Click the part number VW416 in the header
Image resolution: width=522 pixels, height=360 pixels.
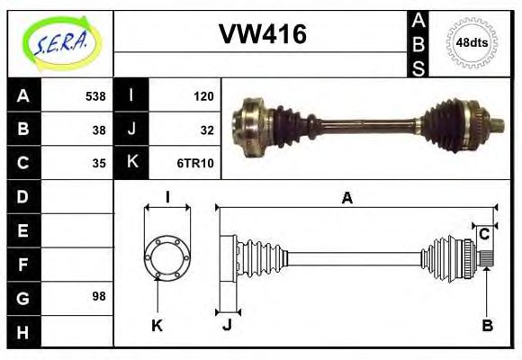click(x=263, y=35)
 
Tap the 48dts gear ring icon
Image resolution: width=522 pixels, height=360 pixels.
click(x=472, y=42)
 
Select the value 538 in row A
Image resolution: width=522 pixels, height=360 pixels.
click(x=95, y=95)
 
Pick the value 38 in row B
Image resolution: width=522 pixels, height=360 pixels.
click(x=99, y=129)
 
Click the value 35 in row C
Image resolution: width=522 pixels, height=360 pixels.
click(x=99, y=163)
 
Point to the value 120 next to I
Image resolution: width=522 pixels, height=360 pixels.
click(x=202, y=95)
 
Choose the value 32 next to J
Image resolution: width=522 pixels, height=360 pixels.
click(x=206, y=129)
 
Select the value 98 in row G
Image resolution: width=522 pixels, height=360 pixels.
click(x=99, y=296)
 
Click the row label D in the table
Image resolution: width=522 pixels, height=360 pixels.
click(x=22, y=196)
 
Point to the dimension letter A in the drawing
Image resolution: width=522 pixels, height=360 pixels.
click(x=346, y=198)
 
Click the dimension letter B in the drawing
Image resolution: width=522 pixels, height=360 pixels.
click(x=487, y=325)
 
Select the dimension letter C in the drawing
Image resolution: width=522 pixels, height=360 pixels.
click(x=484, y=235)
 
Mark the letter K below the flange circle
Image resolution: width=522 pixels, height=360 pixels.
click(x=157, y=325)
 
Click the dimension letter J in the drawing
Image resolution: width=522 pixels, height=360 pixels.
click(x=227, y=325)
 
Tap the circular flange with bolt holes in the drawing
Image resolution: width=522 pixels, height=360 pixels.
click(x=167, y=256)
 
